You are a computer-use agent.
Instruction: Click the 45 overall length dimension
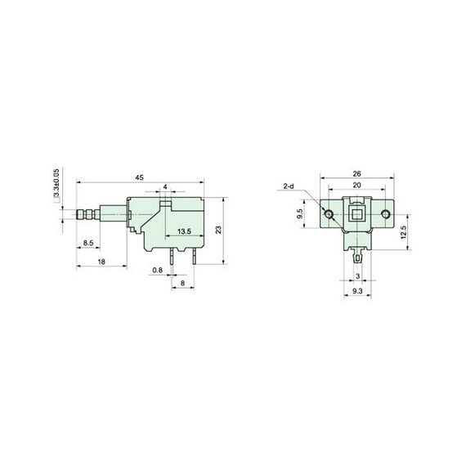point(140,177)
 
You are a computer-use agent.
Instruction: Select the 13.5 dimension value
point(184,232)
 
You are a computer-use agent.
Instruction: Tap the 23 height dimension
point(218,230)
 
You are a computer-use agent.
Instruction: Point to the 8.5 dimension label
point(87,243)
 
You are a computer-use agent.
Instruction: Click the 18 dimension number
point(100,262)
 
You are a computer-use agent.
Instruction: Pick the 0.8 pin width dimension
point(157,270)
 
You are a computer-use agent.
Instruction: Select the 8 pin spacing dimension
point(183,282)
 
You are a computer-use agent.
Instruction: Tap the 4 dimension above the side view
point(165,187)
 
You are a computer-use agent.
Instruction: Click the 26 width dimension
point(357,173)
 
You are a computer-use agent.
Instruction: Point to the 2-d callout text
point(289,187)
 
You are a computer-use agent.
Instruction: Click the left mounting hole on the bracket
point(329,213)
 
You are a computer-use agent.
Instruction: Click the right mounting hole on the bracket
point(385,213)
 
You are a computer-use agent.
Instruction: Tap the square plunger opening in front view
point(357,214)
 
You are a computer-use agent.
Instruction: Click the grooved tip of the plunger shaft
point(83,215)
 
